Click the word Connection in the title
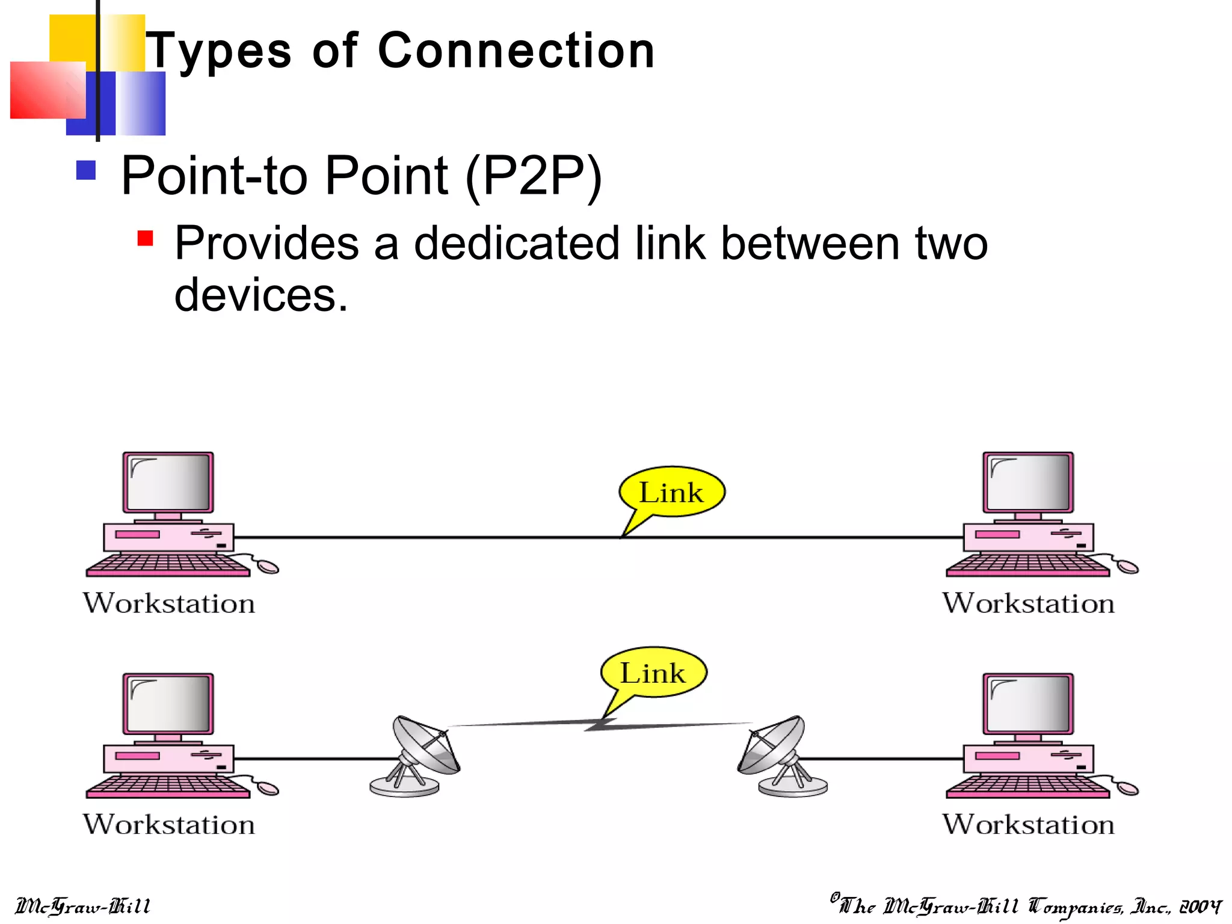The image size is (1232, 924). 516,51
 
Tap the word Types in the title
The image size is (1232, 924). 220,52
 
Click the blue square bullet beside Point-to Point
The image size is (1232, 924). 86,170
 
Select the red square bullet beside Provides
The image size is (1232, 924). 145,238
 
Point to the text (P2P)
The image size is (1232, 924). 534,176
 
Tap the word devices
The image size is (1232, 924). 260,295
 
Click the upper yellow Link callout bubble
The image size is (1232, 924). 671,492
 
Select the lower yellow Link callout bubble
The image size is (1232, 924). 653,673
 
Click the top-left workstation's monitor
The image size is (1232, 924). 168,482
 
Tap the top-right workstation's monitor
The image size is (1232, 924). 1028,482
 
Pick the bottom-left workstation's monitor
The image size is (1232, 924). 168,704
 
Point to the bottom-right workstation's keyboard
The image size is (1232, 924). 1027,786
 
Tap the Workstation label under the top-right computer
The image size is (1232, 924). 1028,603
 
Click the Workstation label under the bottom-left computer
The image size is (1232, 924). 169,825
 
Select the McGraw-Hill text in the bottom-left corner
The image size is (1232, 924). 82,906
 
